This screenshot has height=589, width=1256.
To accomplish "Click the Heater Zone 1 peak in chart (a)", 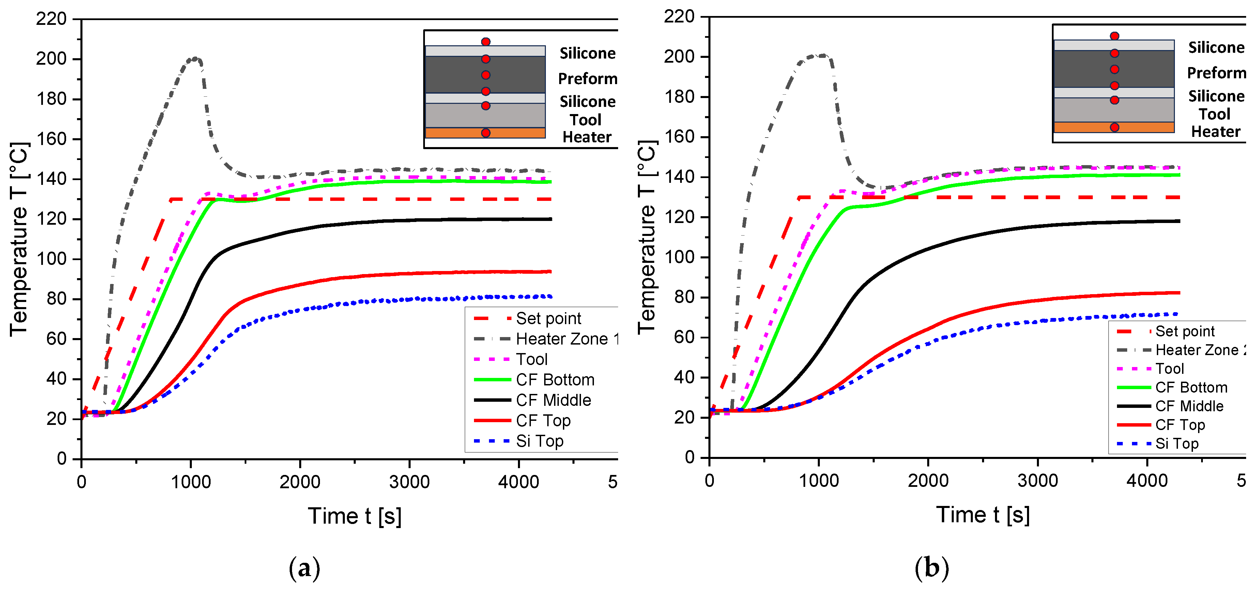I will (195, 59).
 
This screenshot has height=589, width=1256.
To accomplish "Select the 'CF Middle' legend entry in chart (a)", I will (553, 400).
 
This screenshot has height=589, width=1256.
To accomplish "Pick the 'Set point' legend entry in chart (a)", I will (548, 318).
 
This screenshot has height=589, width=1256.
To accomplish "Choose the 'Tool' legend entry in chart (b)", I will (1169, 369).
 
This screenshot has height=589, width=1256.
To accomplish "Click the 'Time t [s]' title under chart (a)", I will (354, 516).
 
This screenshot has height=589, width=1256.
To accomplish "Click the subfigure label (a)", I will (304, 568).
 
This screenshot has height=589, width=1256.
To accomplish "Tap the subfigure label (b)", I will (932, 568).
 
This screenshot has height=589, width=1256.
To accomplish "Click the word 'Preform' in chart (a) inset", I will (587, 78).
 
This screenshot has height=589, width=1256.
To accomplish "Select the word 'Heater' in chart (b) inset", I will (1215, 131).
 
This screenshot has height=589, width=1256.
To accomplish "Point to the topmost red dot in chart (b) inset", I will (1114, 36).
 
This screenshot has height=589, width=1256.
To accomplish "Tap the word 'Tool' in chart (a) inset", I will (586, 120).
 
